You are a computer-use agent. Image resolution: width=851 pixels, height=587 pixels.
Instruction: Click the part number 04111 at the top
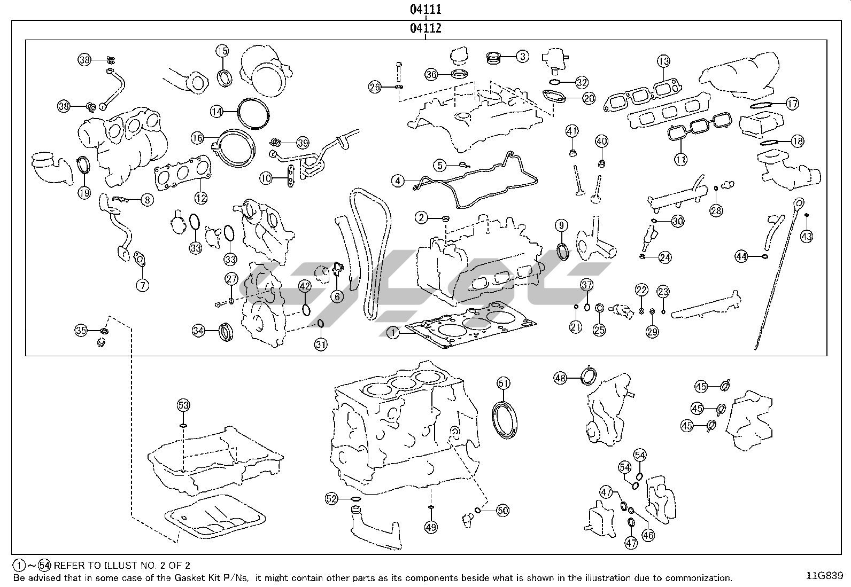click(426, 9)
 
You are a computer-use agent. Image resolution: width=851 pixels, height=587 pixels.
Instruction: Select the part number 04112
click(426, 28)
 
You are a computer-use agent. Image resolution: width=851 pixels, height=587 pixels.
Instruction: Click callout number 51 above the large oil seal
click(504, 383)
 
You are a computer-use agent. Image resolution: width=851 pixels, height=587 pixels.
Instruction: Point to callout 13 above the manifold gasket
click(663, 61)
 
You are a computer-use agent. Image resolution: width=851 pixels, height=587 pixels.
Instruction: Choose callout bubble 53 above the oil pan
click(183, 405)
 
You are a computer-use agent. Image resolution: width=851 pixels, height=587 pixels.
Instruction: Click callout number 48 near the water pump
click(560, 378)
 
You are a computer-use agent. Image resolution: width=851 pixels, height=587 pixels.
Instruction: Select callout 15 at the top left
click(222, 51)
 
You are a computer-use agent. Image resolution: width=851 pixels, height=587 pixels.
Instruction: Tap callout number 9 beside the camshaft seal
click(561, 225)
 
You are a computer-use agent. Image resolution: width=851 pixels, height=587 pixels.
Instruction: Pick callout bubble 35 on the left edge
click(81, 331)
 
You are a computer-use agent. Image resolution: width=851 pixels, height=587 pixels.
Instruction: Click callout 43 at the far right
click(807, 236)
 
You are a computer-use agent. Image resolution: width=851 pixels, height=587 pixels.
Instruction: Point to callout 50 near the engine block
click(502, 511)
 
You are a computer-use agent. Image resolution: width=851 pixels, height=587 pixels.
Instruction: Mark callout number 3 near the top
click(522, 56)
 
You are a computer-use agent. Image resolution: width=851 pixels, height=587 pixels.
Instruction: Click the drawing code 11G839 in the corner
click(825, 575)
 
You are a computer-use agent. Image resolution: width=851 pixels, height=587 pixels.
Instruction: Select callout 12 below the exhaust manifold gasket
click(200, 198)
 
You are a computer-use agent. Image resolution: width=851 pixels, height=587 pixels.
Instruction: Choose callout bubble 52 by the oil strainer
click(332, 499)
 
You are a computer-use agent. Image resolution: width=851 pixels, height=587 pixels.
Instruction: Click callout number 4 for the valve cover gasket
click(398, 181)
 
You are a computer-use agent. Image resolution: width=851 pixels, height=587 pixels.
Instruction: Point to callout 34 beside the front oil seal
click(198, 331)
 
